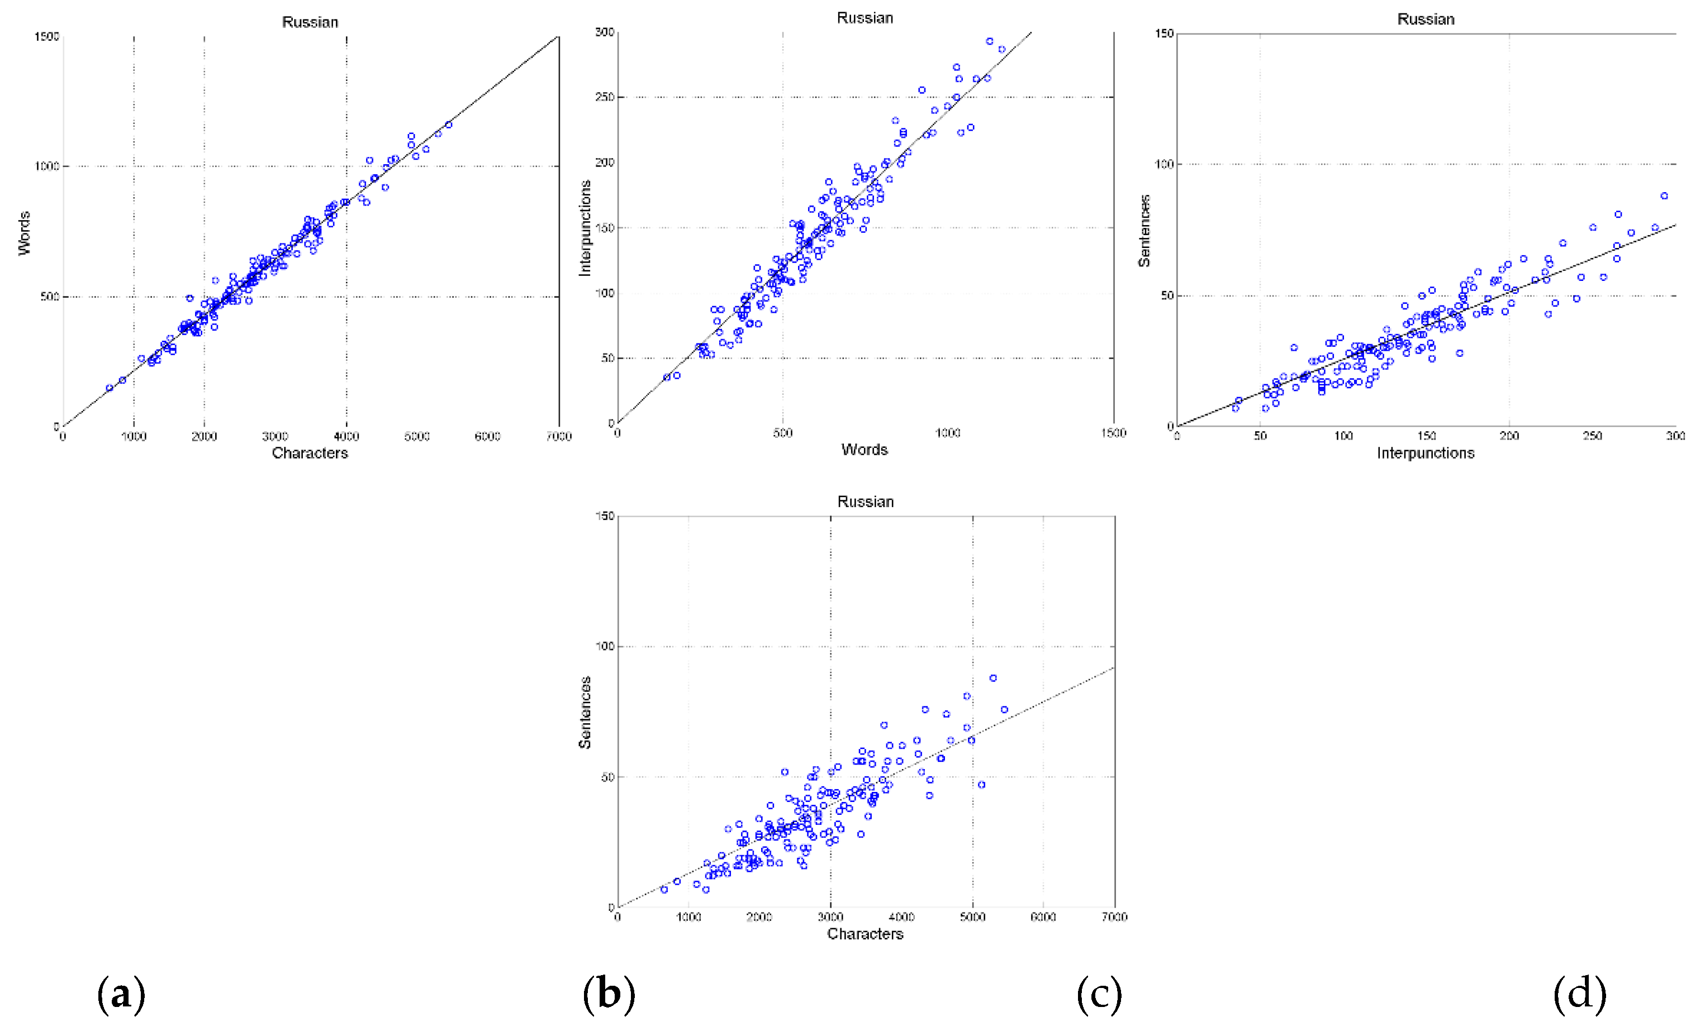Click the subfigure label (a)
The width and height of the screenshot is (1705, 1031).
point(121,994)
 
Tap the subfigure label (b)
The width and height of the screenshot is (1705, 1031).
point(608,994)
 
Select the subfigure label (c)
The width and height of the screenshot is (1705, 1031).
point(1099,994)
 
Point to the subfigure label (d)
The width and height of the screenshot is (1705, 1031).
point(1579,994)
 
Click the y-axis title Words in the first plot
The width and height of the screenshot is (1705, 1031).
point(24,233)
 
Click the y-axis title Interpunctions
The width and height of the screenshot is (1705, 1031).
point(585,228)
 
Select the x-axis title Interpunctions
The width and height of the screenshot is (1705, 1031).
point(1425,453)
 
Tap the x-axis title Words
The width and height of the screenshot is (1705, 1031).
point(865,450)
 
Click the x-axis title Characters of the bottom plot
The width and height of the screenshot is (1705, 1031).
point(865,933)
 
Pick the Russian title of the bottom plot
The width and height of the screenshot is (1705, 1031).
point(865,502)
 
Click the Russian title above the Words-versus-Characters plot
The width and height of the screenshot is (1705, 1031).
point(310,22)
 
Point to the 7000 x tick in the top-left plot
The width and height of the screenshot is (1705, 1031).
point(558,436)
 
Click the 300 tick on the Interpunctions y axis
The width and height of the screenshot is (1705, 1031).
point(605,32)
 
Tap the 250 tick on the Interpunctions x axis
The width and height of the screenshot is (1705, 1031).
point(1592,436)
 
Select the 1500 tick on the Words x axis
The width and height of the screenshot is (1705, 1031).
point(1113,433)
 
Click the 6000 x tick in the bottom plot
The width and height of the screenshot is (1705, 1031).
point(1043,917)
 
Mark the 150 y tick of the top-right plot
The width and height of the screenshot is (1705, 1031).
point(1165,33)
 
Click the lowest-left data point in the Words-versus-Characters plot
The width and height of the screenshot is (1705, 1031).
point(110,388)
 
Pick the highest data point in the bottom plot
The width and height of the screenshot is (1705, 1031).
point(993,679)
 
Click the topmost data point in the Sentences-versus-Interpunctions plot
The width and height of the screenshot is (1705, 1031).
point(1664,195)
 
